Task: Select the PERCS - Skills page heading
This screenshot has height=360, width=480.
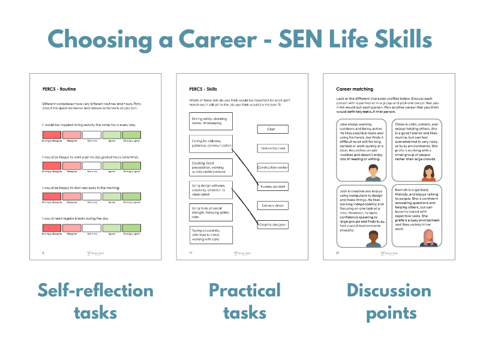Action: coord(203,89)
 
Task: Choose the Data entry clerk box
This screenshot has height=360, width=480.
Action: coord(272,148)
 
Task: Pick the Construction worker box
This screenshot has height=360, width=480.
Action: coord(272,167)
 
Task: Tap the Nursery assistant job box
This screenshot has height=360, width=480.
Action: coord(272,187)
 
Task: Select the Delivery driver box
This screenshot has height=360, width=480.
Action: coord(272,206)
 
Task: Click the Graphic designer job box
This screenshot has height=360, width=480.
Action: coord(272,225)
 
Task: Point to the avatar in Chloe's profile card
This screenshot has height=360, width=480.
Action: coord(428,172)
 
